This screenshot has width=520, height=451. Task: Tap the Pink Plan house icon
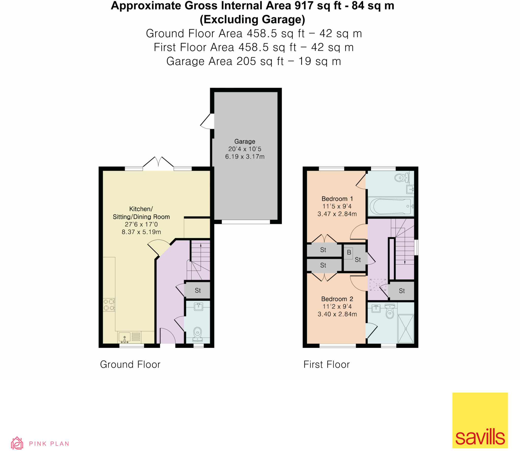point(17,443)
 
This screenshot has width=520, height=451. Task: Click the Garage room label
point(245,141)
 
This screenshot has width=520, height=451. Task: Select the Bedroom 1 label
point(337,199)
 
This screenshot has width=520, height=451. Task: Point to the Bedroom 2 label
point(337,299)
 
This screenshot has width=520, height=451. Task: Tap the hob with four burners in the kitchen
point(109,305)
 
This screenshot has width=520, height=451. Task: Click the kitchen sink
point(124,337)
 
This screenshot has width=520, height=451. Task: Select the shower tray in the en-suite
point(405,329)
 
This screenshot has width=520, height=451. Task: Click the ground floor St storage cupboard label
point(198,291)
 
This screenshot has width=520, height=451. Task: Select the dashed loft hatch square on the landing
point(378,285)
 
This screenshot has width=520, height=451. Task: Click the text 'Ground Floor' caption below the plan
point(130,364)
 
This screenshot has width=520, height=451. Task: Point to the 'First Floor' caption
point(327,364)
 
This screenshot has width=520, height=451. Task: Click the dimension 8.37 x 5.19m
point(141,232)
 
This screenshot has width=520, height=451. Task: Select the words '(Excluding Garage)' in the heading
point(252,20)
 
